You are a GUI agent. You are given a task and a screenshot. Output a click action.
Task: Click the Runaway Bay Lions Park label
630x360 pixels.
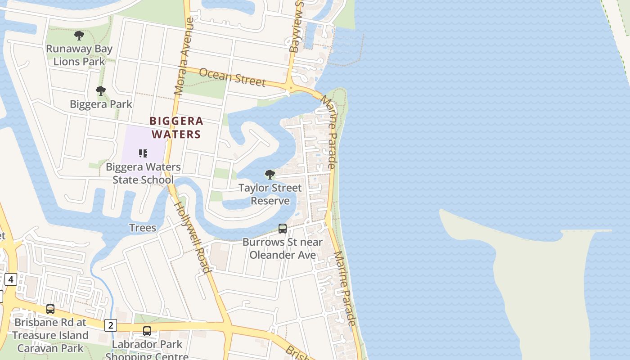79,55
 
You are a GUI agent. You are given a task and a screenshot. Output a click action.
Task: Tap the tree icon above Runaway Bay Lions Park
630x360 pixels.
79,35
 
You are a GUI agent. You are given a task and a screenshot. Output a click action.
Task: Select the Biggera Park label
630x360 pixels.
101,104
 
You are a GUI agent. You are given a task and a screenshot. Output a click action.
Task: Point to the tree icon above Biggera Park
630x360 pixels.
101,91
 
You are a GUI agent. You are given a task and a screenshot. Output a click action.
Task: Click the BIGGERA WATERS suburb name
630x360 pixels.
176,127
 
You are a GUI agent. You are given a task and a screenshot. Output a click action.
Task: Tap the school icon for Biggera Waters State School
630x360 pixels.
143,153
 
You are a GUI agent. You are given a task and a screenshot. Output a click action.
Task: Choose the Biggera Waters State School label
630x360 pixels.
143,173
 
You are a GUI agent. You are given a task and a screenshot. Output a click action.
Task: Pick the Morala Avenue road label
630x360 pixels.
184,56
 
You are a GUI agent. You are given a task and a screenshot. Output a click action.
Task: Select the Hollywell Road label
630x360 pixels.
192,237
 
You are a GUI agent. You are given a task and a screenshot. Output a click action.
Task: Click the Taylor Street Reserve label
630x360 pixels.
270,194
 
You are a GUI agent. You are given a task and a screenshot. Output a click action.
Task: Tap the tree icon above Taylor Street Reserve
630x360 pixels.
270,174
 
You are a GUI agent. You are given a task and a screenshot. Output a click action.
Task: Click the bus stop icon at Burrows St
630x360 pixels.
283,229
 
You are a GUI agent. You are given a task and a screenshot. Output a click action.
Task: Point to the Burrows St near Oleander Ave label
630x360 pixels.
283,248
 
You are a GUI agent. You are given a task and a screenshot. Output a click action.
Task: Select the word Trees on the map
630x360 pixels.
143,228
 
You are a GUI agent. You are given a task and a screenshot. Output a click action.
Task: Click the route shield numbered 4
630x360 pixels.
11,279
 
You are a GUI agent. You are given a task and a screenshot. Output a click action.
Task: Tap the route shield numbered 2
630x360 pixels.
111,325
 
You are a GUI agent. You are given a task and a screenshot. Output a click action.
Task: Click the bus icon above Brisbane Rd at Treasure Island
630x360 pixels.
50,309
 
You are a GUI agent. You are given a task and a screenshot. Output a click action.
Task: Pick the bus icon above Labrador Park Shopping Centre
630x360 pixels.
147,331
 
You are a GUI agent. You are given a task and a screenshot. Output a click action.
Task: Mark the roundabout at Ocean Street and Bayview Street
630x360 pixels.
291,88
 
